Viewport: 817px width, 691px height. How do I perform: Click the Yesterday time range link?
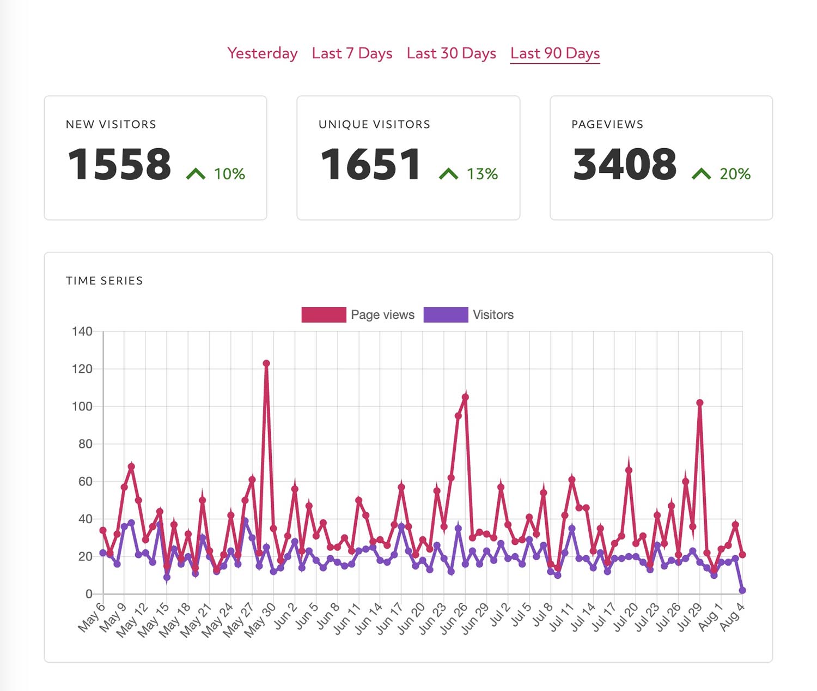[262, 53]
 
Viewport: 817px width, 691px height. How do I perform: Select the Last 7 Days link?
[352, 53]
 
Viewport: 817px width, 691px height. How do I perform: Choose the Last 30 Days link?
[451, 53]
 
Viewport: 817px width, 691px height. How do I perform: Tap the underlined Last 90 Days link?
[554, 53]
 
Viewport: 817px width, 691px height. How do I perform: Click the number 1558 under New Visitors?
[119, 164]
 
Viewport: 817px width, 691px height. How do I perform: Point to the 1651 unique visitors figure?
[371, 164]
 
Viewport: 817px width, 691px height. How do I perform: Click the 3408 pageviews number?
[624, 164]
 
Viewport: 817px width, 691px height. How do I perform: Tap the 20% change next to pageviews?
[735, 174]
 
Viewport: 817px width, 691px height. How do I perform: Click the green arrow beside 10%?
[196, 174]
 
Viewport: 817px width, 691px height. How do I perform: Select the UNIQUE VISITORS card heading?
[374, 124]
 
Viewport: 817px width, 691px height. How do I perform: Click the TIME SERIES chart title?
[104, 281]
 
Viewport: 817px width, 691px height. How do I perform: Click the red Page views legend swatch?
[324, 314]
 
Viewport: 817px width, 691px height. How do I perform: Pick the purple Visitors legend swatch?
[446, 314]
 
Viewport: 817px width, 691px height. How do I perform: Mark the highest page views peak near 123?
[266, 363]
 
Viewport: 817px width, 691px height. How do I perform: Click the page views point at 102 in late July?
[700, 403]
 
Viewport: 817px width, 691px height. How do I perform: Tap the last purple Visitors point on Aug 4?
[742, 590]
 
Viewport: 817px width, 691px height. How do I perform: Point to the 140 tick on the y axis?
[82, 331]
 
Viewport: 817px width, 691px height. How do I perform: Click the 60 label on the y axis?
[85, 481]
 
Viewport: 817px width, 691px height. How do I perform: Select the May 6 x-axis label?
[91, 618]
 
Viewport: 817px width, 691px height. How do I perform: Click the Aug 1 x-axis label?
[711, 617]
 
